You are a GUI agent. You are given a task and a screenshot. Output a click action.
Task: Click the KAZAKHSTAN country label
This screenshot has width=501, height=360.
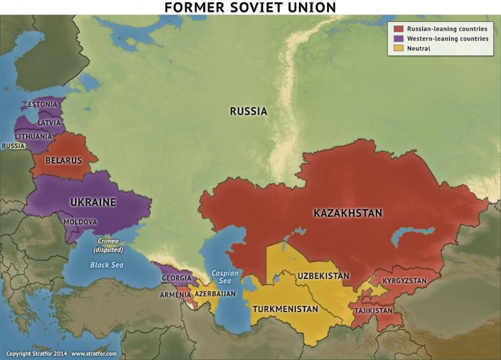(x=348, y=213)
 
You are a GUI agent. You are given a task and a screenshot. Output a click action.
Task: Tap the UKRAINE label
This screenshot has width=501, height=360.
(x=93, y=202)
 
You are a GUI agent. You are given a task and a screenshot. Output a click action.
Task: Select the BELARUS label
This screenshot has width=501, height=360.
(x=63, y=160)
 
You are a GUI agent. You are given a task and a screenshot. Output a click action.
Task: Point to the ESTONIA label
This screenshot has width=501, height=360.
(x=42, y=104)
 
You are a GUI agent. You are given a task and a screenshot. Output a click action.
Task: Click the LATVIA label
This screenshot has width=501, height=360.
(x=49, y=123)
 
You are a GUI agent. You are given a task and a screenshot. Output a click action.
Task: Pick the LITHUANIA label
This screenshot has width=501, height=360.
(x=33, y=137)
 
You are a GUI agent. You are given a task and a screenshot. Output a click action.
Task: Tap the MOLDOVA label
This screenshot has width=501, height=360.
(x=80, y=221)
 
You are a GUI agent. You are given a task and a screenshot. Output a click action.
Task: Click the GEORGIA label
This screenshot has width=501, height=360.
(x=176, y=278)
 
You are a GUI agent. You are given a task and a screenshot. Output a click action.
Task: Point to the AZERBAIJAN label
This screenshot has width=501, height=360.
(x=215, y=294)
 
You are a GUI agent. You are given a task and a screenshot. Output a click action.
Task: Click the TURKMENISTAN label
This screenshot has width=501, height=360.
(x=285, y=309)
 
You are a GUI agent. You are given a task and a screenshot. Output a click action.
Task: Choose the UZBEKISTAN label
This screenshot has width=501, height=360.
(x=324, y=276)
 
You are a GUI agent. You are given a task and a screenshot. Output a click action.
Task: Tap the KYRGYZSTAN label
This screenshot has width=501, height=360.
(x=405, y=280)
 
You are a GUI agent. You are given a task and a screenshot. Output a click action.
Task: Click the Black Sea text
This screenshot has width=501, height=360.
(x=107, y=265)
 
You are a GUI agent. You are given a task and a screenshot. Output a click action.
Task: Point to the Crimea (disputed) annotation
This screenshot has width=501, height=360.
(x=108, y=245)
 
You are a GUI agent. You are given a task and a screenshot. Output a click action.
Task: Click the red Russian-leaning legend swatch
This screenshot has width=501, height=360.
(x=398, y=29)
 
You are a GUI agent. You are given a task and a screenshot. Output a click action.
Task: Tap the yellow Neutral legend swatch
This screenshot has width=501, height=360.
(x=398, y=49)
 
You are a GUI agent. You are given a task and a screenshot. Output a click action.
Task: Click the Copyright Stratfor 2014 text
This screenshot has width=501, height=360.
(x=36, y=354)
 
